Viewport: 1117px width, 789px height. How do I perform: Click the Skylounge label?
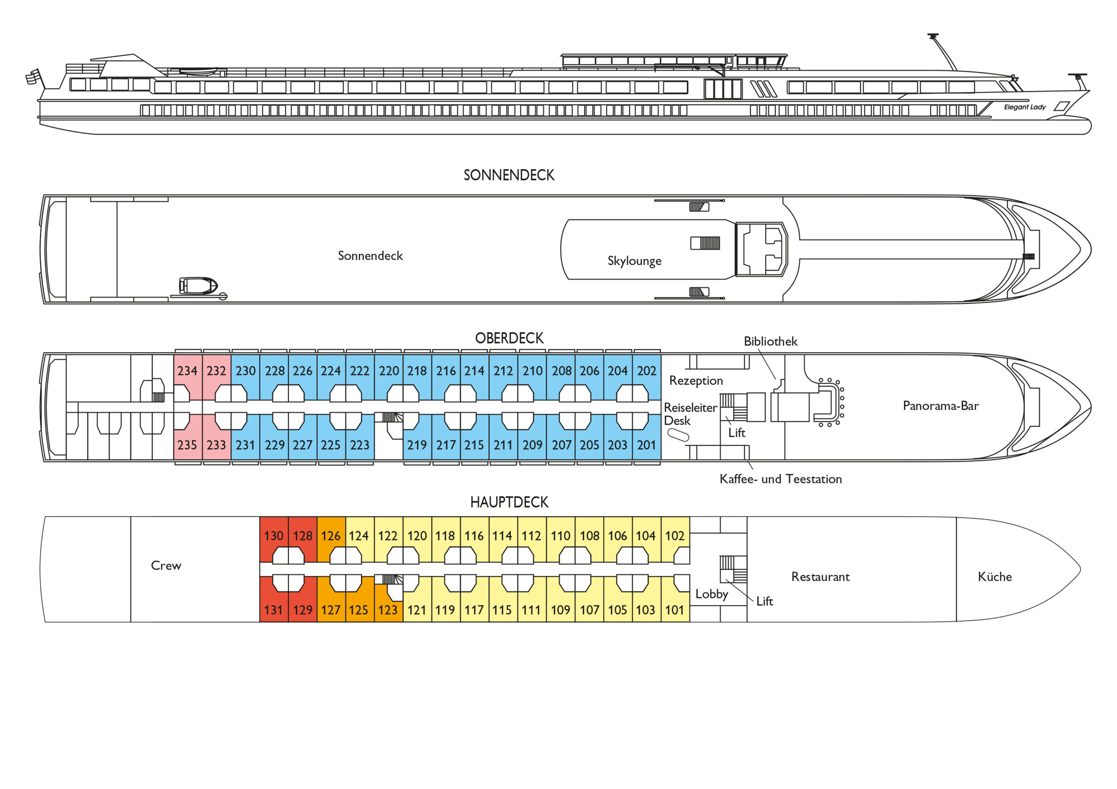coord(634,261)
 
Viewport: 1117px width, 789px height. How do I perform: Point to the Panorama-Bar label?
coord(940,405)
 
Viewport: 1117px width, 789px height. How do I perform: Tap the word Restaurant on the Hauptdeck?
coord(820,577)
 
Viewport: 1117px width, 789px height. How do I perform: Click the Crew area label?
coord(166,565)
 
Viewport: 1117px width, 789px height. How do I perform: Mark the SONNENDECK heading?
coord(509,175)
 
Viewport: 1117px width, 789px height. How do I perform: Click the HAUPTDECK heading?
coord(509,502)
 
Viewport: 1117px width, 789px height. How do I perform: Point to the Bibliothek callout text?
coord(771,341)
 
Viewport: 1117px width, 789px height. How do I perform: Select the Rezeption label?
coord(696,381)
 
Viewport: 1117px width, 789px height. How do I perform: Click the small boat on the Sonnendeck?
coord(198,286)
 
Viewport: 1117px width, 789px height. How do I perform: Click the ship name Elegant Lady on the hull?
coord(1025,107)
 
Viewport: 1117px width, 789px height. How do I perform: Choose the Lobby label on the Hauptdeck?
coord(712,594)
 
